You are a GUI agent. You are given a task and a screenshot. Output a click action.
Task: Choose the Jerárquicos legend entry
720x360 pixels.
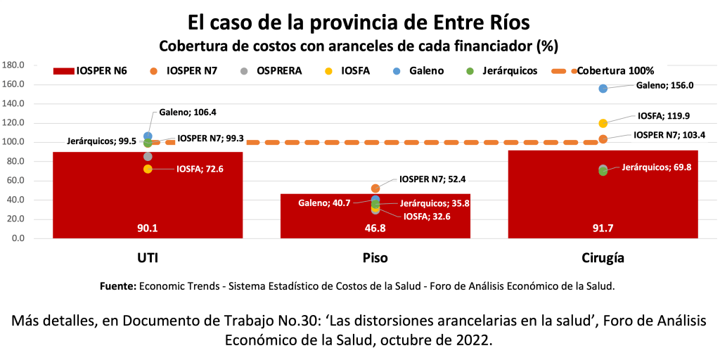tap(503, 71)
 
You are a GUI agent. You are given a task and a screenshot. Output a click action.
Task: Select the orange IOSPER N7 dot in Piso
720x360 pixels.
tap(375, 188)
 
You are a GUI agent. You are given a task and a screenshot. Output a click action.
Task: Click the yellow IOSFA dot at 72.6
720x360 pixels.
tap(148, 169)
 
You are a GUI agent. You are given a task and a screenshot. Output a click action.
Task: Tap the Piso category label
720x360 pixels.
tap(375, 258)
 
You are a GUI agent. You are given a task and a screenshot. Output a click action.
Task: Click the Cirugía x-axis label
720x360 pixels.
tap(603, 258)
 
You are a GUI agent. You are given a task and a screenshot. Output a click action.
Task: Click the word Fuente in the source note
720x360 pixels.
tap(117, 286)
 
